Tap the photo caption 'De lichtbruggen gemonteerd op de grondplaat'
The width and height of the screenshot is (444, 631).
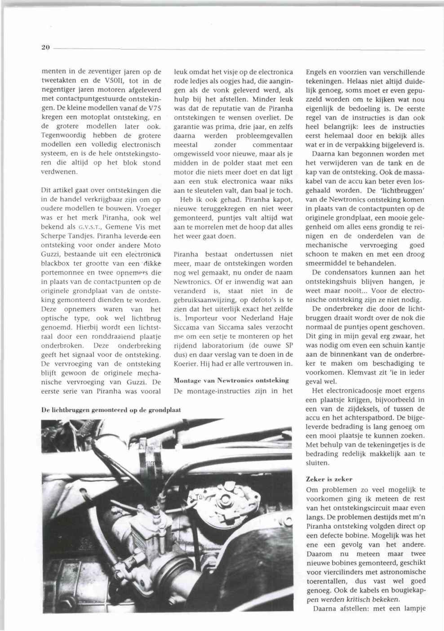[x=111, y=410]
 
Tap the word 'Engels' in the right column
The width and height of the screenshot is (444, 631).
[x=317, y=72]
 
